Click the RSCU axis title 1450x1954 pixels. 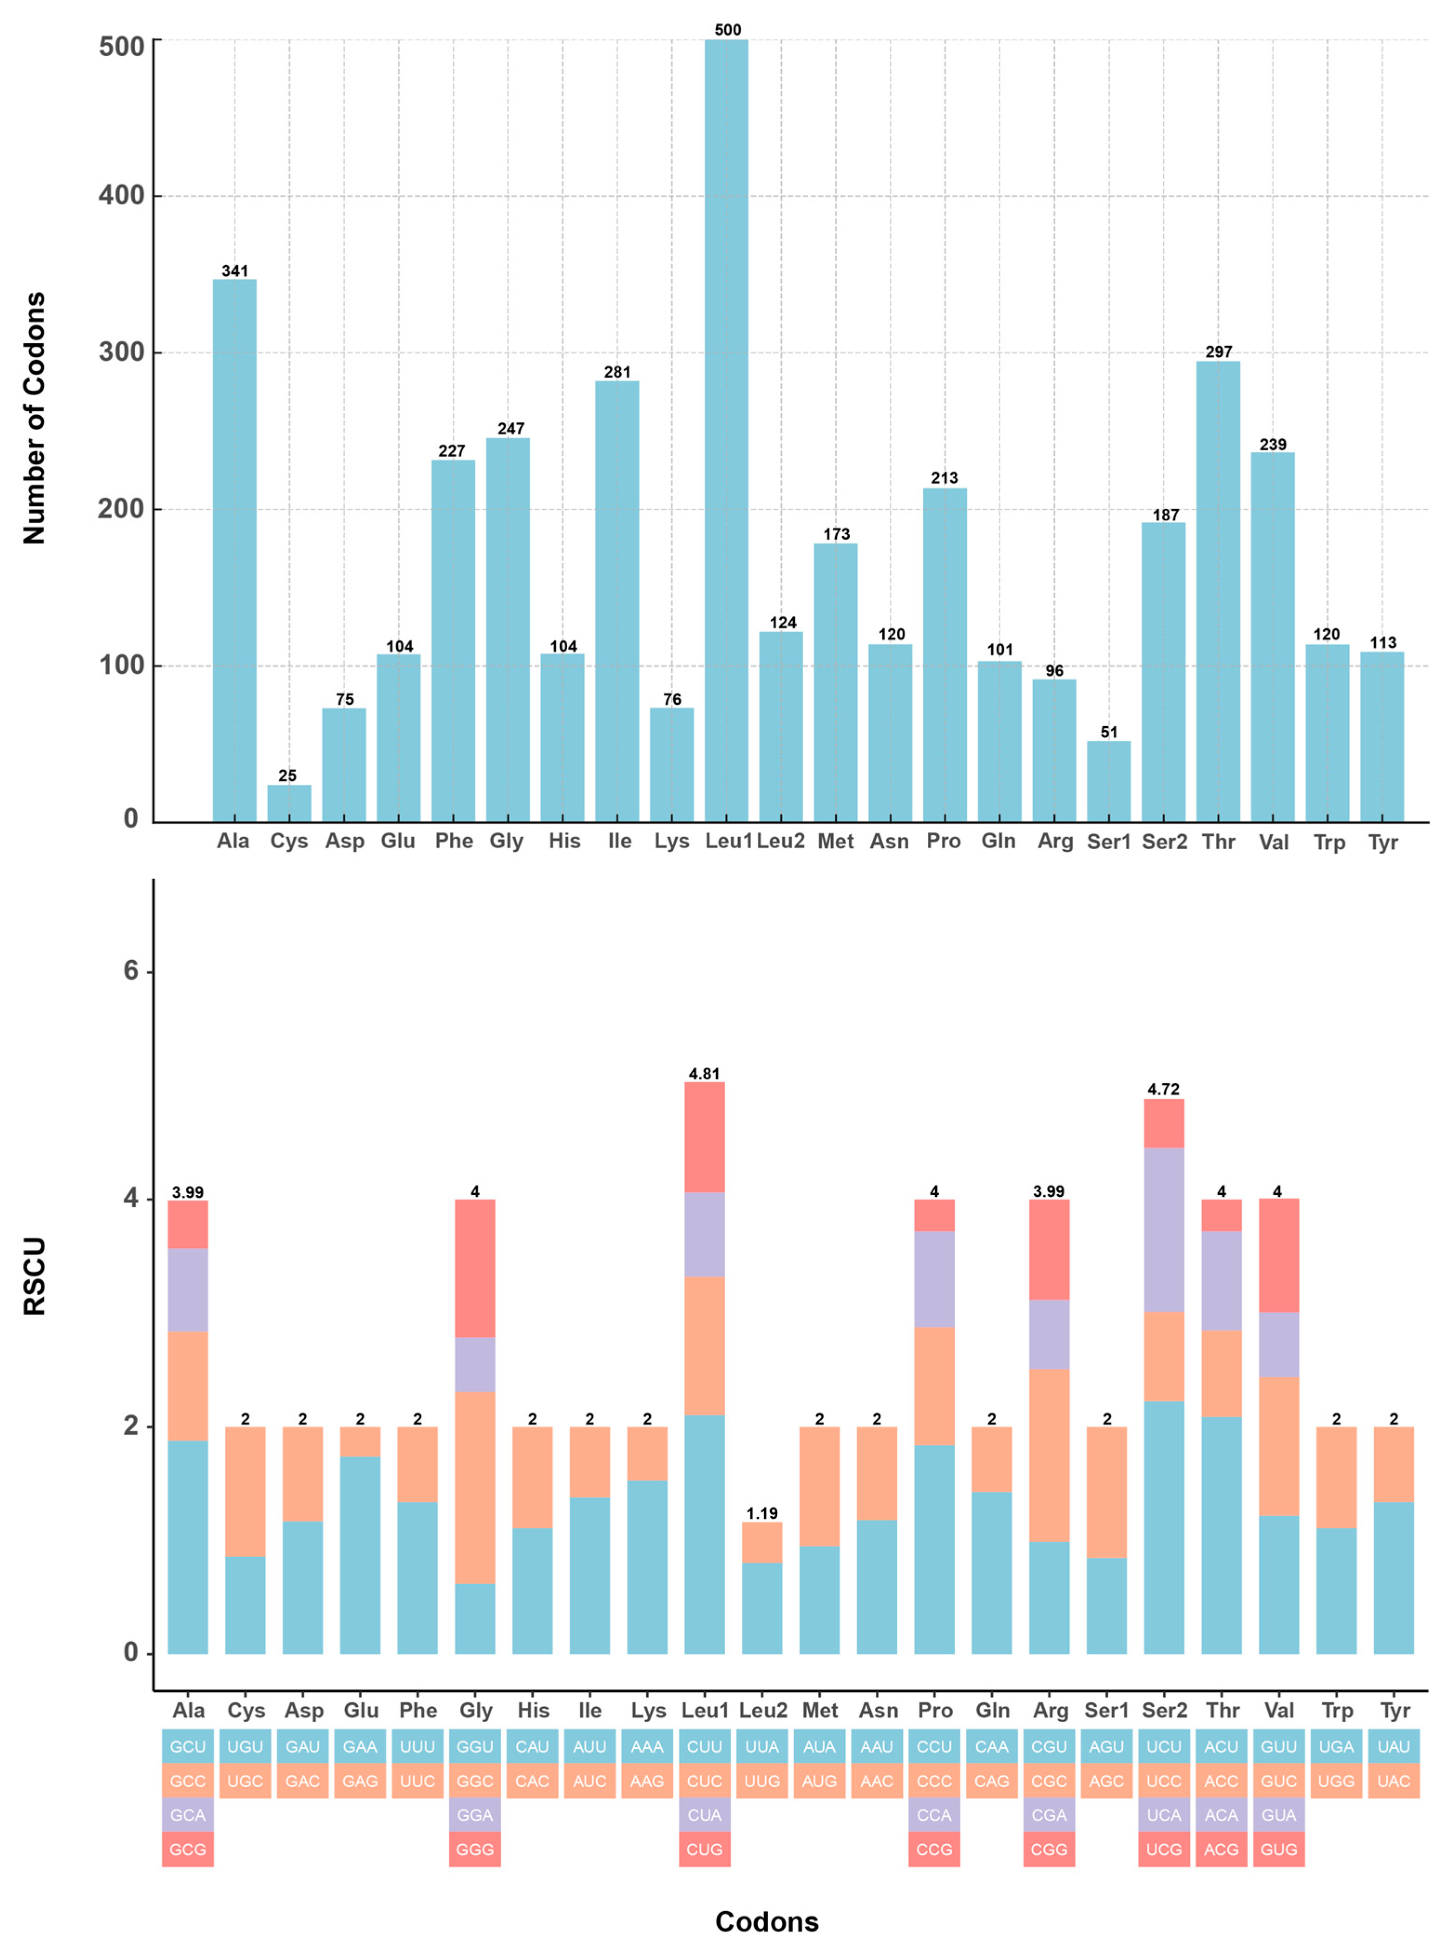(33, 1275)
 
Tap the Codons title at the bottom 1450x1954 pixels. (766, 1921)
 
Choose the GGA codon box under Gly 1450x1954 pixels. (475, 1815)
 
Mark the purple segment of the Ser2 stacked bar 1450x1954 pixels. (1164, 1229)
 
